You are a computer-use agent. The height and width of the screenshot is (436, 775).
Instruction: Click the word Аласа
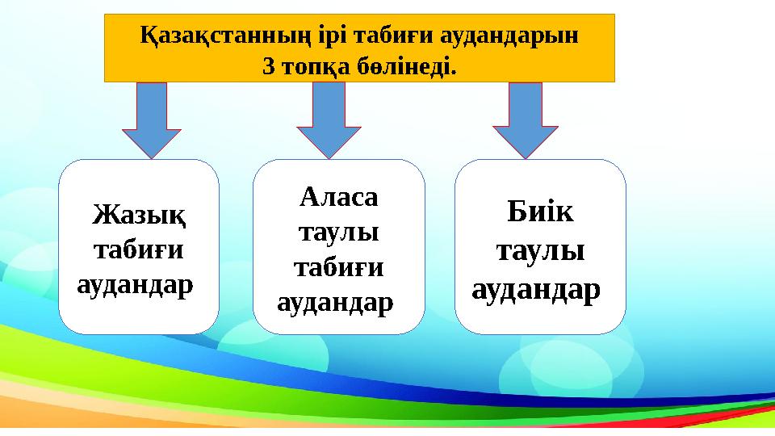(x=339, y=196)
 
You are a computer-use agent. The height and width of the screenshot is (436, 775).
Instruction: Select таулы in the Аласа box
(x=339, y=232)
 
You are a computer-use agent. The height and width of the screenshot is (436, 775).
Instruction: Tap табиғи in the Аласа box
(x=339, y=267)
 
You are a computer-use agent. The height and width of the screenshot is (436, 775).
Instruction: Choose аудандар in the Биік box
(x=536, y=287)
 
